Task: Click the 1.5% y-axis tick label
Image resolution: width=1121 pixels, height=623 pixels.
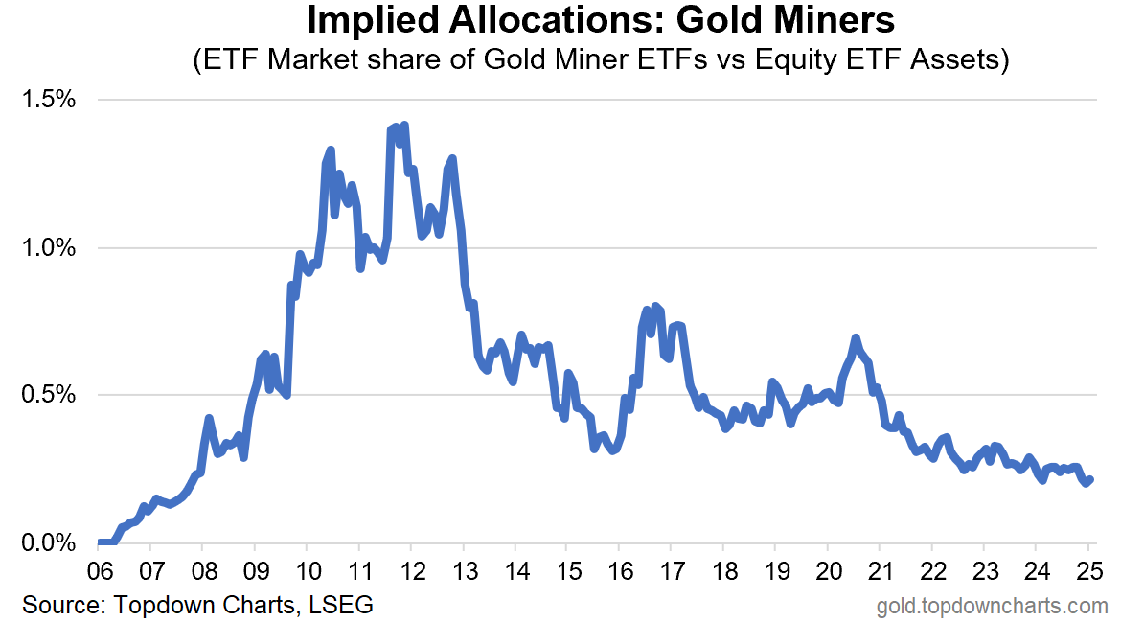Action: click(49, 100)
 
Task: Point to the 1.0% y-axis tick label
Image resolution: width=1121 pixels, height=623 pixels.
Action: click(49, 248)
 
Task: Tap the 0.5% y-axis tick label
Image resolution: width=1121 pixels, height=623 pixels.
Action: click(49, 394)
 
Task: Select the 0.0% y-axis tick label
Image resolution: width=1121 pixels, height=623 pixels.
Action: click(49, 542)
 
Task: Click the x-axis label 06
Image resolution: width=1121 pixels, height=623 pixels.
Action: click(100, 571)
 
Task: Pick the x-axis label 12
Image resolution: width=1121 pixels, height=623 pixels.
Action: click(413, 571)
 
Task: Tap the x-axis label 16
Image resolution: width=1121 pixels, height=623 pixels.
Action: click(621, 571)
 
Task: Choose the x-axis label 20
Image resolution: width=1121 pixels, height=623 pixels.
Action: click(829, 571)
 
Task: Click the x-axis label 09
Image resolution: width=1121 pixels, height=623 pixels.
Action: click(256, 571)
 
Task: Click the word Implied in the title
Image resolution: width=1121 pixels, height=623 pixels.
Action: click(372, 20)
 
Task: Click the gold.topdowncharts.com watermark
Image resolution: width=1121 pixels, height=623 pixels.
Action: click(993, 607)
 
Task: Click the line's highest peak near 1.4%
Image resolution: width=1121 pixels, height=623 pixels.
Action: click(404, 126)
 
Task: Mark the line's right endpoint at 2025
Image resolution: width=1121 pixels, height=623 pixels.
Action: click(1090, 480)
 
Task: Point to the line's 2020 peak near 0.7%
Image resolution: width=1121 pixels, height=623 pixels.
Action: click(855, 337)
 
